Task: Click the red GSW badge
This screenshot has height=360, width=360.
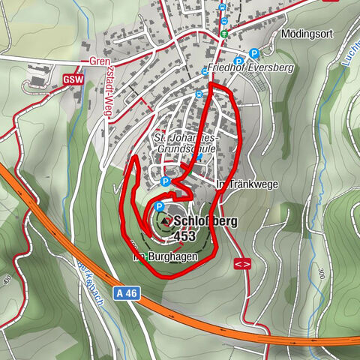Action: pos(73,79)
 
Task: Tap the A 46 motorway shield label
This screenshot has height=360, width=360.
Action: pos(127,295)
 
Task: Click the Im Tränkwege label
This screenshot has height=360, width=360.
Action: pos(241,183)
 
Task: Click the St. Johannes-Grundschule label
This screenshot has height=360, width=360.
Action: pos(184,143)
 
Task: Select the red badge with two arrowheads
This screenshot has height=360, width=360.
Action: pos(241,264)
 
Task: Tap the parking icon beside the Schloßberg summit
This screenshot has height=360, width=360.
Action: pos(160,208)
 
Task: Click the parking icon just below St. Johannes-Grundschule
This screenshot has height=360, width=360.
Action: pos(166,181)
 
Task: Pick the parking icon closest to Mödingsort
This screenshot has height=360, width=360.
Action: pos(255,53)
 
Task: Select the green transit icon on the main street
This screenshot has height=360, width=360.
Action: pos(223,34)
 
